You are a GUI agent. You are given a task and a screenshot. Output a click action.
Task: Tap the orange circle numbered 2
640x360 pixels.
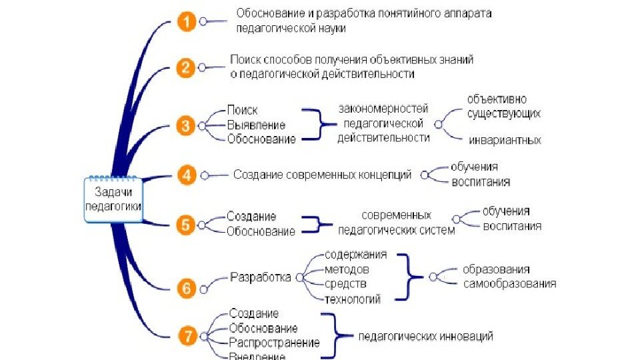pos(187,67)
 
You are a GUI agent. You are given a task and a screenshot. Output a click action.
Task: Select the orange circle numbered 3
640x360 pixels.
pos(187,125)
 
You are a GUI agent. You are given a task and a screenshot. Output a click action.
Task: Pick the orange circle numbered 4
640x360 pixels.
pos(187,176)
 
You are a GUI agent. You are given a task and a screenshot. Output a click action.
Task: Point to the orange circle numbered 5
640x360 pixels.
pos(187,224)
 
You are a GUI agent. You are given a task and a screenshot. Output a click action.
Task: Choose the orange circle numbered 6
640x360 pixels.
pos(187,288)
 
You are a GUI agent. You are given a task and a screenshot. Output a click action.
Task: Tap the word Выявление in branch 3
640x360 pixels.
pos(256,125)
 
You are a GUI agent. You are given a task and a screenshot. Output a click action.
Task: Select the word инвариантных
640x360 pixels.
pos(505,141)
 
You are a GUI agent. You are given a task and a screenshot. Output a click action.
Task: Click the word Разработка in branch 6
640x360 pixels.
pos(260,277)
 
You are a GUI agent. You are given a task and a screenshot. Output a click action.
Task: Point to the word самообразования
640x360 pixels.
pos(509,283)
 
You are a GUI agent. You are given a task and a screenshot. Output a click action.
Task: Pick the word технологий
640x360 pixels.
pos(353,299)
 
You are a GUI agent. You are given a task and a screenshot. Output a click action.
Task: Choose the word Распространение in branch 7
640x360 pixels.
pos(274,343)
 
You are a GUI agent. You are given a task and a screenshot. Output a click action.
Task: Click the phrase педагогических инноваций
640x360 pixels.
pos(426,337)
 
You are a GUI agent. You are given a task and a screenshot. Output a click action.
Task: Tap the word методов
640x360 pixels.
pos(347,269)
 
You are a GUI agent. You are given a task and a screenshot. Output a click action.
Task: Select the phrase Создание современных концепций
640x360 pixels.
pos(322,175)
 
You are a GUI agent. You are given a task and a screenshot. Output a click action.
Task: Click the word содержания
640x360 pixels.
pos(355,255)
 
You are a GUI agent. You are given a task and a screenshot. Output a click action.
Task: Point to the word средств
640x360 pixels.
pos(345,285)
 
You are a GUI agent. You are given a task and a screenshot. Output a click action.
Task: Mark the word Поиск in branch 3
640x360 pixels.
pos(242,110)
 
